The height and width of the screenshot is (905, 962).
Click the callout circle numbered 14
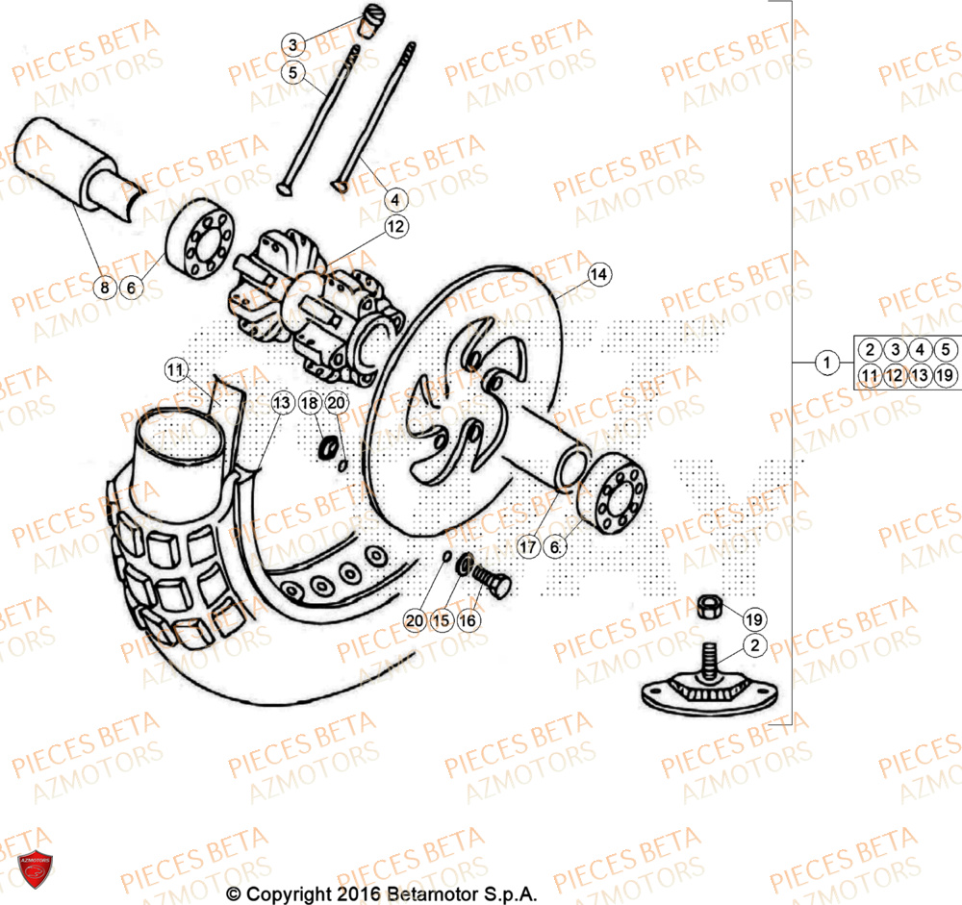[x=598, y=275]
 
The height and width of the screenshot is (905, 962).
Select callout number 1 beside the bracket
[x=824, y=364]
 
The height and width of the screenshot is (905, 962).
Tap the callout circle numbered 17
[x=527, y=546]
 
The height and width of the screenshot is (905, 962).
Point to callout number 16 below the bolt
[x=468, y=621]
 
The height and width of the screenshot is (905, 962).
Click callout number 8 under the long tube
[x=106, y=286]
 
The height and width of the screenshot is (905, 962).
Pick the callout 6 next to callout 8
[x=133, y=286]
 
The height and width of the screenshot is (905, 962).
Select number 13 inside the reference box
[x=919, y=375]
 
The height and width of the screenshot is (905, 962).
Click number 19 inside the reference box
[x=944, y=375]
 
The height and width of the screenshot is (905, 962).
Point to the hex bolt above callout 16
[x=492, y=580]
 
